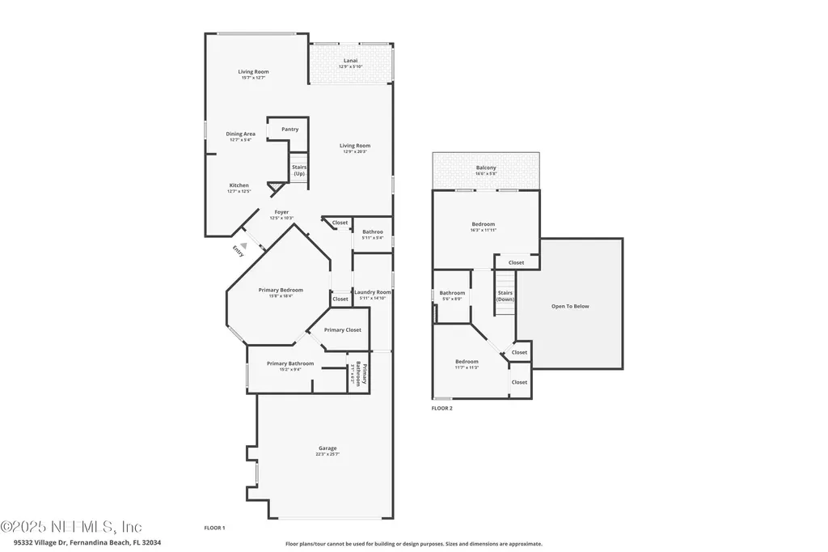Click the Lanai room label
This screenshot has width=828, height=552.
[350, 62]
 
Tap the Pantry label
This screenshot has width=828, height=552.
[289, 130]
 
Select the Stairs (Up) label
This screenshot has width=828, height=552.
[299, 171]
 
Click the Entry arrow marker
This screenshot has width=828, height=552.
[243, 236]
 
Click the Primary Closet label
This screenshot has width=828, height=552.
[342, 330]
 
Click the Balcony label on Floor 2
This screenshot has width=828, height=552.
[486, 170]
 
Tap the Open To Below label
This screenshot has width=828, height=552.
[570, 306]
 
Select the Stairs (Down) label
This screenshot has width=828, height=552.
[505, 296]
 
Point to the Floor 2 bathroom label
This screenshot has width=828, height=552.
[452, 295]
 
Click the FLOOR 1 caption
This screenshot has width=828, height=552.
[214, 528]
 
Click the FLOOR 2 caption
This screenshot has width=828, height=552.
[441, 409]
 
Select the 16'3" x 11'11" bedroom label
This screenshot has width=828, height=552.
[484, 227]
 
